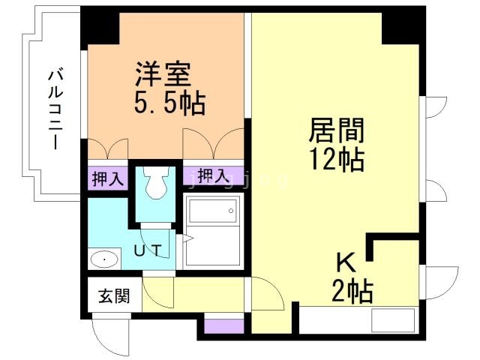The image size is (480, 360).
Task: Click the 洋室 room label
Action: pos(163,74)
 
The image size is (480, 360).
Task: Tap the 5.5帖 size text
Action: pos(169,103)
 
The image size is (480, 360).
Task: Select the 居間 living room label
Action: pos(337,130)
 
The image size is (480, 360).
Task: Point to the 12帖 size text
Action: pos(337,160)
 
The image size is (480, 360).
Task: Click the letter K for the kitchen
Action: pos(346,262)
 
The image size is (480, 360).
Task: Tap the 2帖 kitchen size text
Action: pos(352,291)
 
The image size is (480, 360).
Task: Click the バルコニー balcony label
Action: pos(56,110)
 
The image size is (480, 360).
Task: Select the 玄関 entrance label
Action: pos(115,295)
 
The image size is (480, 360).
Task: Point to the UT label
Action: pos(148,251)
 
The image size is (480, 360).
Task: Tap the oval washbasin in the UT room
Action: pos(105,259)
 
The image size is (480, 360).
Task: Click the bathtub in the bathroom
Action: pos(213,211)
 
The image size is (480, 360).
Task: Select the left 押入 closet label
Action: pos(108,178)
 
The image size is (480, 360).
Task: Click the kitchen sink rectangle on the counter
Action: pos(393,320)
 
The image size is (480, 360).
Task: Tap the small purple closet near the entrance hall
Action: pos(224,327)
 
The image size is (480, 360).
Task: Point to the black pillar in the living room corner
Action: pos(400,28)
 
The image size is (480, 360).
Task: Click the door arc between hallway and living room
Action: pos(268,293)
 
